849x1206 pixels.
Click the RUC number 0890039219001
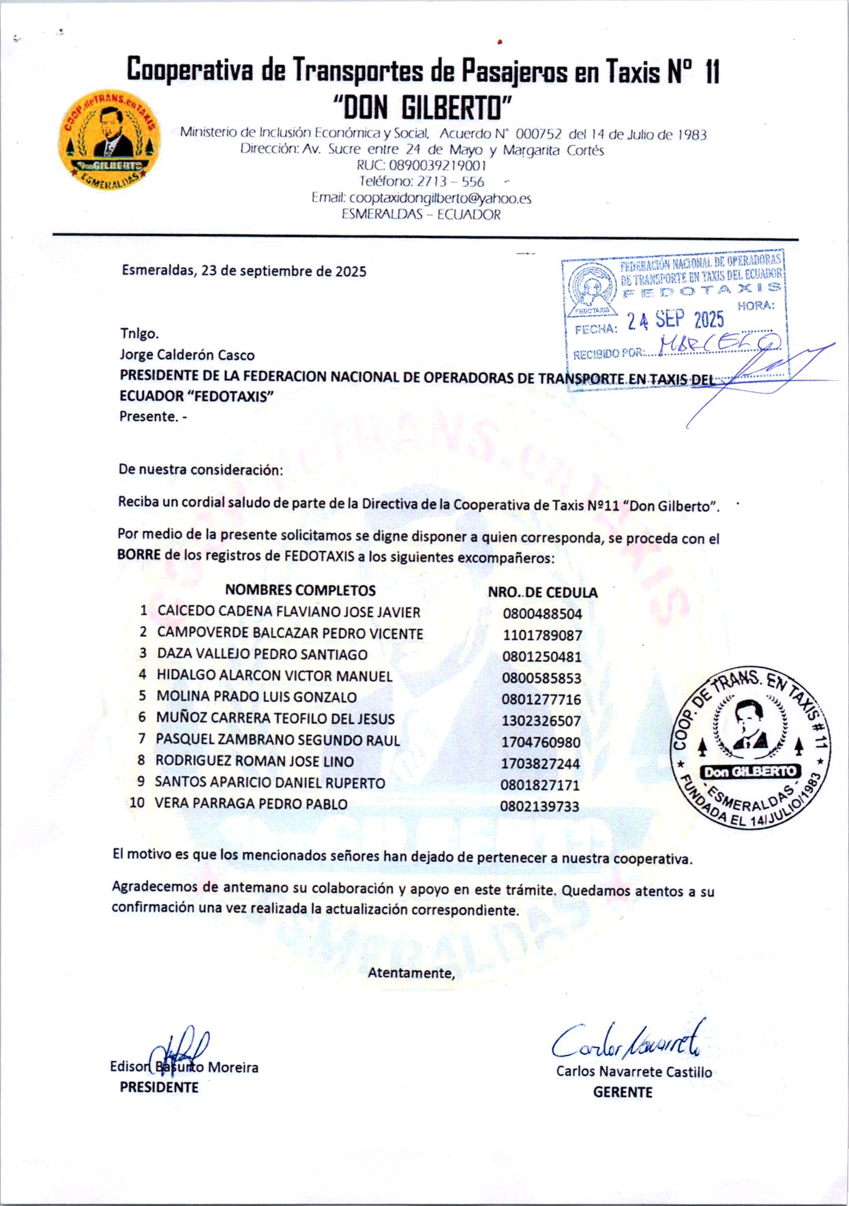tap(421, 166)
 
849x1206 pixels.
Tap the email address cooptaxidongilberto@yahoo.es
tap(421, 198)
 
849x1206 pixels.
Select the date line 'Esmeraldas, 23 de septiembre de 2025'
tap(244, 271)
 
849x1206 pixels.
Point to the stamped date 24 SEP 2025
tap(675, 320)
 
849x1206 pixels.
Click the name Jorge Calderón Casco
tap(187, 355)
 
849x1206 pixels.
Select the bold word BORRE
tap(138, 554)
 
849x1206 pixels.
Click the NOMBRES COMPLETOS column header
tap(300, 590)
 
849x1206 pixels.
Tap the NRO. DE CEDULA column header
tap(542, 592)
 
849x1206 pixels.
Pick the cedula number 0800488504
tap(542, 614)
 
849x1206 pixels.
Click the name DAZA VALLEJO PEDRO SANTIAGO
tap(262, 654)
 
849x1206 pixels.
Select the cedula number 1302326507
tap(541, 721)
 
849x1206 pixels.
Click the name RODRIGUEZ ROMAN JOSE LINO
tap(254, 761)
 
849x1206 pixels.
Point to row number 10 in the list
tap(137, 803)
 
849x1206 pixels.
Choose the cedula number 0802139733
tap(539, 806)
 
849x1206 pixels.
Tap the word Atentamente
tap(411, 973)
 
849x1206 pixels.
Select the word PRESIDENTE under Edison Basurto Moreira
tap(159, 1087)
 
